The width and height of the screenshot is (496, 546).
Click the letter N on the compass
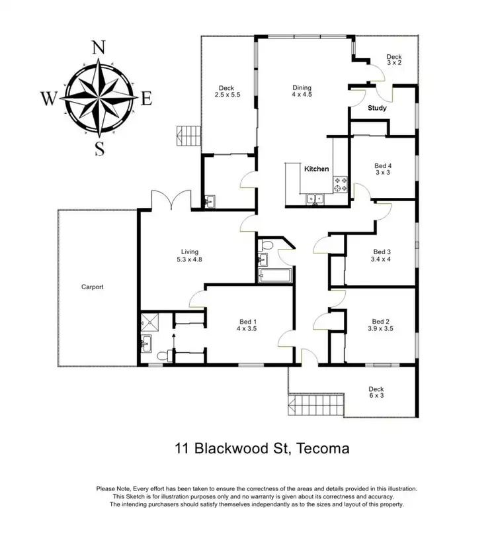pyautogui.click(x=99, y=47)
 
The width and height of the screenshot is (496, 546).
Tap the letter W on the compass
pyautogui.click(x=49, y=99)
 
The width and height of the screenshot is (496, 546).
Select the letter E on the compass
pyautogui.click(x=147, y=99)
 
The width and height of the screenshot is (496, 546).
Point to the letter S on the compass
pyautogui.click(x=99, y=148)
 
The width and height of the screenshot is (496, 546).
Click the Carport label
pyautogui.click(x=93, y=287)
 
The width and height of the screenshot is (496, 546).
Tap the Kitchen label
pyautogui.click(x=316, y=169)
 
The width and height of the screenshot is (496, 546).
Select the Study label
pyautogui.click(x=377, y=108)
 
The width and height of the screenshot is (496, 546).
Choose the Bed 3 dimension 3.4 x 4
pyautogui.click(x=382, y=260)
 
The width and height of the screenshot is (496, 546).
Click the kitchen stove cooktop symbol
pyautogui.click(x=340, y=184)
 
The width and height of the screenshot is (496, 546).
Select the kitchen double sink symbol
pyautogui.click(x=314, y=197)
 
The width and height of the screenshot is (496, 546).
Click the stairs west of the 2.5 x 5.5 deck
pyautogui.click(x=187, y=136)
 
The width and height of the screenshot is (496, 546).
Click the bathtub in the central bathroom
pyautogui.click(x=272, y=275)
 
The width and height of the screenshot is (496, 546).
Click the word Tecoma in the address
pyautogui.click(x=324, y=448)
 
